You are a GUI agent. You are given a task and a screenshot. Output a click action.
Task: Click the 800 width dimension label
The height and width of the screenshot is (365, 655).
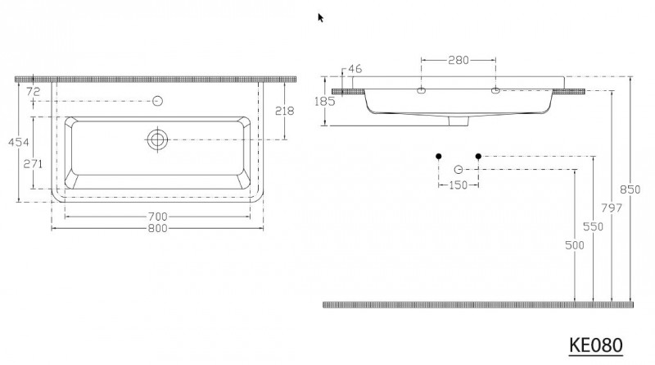(x=157, y=228)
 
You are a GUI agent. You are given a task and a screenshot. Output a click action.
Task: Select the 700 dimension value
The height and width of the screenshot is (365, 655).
(x=157, y=217)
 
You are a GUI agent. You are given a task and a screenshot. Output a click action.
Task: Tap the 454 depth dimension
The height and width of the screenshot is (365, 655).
(x=18, y=143)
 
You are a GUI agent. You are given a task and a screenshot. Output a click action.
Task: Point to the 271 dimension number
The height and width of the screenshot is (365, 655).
(x=33, y=164)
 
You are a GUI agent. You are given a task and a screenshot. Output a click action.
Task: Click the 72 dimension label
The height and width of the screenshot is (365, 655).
(x=33, y=91)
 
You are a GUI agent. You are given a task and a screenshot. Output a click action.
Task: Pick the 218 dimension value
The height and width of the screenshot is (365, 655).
(x=284, y=111)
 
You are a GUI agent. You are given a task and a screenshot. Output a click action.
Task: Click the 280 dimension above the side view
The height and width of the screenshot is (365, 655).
(x=458, y=60)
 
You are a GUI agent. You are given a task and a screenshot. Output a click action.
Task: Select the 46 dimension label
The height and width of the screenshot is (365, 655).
(x=355, y=69)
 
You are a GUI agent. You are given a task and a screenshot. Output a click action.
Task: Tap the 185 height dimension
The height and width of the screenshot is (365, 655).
(x=325, y=101)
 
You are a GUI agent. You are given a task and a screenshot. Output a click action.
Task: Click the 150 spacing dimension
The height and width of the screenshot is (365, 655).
(x=458, y=185)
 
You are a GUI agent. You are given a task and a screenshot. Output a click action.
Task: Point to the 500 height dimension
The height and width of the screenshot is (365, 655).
(x=575, y=245)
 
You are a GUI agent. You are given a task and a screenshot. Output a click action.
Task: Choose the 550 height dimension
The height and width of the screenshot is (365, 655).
(x=593, y=226)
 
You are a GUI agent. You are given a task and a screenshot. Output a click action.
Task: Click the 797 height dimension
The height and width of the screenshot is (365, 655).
(x=612, y=208)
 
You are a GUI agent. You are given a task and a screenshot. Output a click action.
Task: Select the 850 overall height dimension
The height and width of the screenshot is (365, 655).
(x=630, y=189)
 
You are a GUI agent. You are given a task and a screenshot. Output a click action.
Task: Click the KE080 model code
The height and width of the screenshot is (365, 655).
(x=596, y=345)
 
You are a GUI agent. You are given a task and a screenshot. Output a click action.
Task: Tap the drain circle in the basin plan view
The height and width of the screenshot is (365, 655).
(x=157, y=139)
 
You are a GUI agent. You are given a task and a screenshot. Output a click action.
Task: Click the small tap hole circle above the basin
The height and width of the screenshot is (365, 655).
(x=157, y=101)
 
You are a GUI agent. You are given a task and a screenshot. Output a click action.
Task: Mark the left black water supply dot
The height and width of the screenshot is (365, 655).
(x=439, y=156)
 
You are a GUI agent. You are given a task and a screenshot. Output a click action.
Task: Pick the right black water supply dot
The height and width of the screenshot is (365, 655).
(x=478, y=156)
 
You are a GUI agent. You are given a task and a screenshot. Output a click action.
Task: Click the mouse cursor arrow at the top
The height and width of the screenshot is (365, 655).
(x=320, y=17)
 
